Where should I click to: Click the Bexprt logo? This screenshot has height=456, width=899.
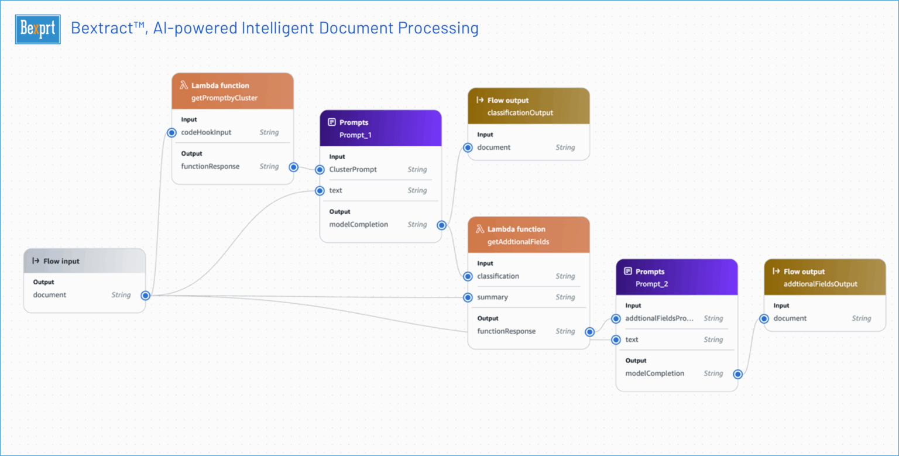pyautogui.click(x=38, y=29)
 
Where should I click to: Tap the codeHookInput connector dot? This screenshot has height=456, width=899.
pyautogui.click(x=171, y=133)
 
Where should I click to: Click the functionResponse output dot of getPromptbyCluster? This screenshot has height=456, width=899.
pyautogui.click(x=294, y=167)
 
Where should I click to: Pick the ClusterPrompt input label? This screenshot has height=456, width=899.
pyautogui.click(x=352, y=170)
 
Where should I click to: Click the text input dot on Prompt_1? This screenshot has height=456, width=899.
pyautogui.click(x=320, y=191)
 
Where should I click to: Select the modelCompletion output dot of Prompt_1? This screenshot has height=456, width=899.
pyautogui.click(x=442, y=225)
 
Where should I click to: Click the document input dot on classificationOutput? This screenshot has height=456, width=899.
pyautogui.click(x=468, y=148)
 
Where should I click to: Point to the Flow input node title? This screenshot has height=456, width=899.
pyautogui.click(x=61, y=261)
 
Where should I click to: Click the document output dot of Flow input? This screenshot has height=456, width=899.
pyautogui.click(x=145, y=296)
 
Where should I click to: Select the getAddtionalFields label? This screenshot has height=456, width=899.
pyautogui.click(x=518, y=242)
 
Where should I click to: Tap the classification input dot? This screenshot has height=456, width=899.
pyautogui.click(x=468, y=276)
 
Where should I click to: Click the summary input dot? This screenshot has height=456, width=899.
pyautogui.click(x=468, y=297)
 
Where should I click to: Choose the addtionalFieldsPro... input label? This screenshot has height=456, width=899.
pyautogui.click(x=659, y=318)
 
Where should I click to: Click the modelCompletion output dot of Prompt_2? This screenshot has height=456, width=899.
pyautogui.click(x=738, y=374)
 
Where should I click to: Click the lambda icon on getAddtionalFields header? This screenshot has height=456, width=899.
pyautogui.click(x=479, y=229)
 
